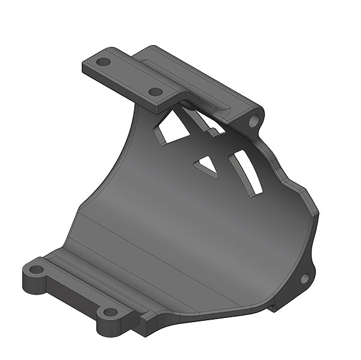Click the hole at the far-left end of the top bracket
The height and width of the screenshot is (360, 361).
[x=103, y=61]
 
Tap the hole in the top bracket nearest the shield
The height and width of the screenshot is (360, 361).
[x=155, y=92]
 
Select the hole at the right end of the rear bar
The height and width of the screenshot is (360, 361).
[x=253, y=121]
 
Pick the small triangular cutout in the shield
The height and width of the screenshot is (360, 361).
[x=207, y=164]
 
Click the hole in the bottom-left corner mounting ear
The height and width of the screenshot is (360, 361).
[x=37, y=269]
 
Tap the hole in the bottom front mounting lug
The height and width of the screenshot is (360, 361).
[x=110, y=312]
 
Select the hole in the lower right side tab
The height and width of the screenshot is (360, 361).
[x=304, y=278]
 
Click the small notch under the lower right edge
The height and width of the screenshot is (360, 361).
[x=273, y=307]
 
